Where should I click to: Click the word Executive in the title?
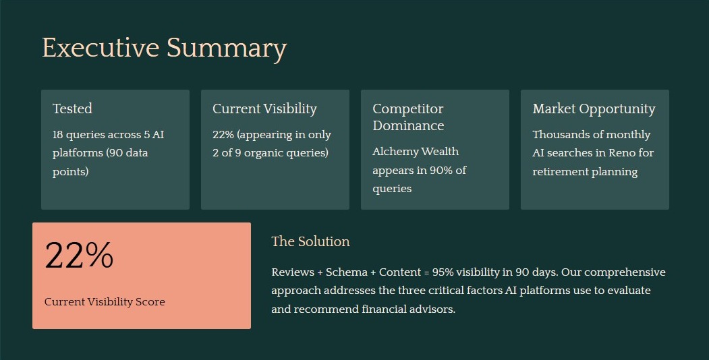101,49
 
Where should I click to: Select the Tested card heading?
72,109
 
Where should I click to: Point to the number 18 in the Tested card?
59,135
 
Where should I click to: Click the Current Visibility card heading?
264,109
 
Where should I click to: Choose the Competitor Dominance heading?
407,117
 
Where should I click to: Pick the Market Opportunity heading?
594,109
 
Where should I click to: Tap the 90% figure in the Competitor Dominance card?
435,170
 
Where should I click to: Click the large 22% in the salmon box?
79,256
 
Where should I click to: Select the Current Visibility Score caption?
105,302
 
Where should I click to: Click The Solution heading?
310,241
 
